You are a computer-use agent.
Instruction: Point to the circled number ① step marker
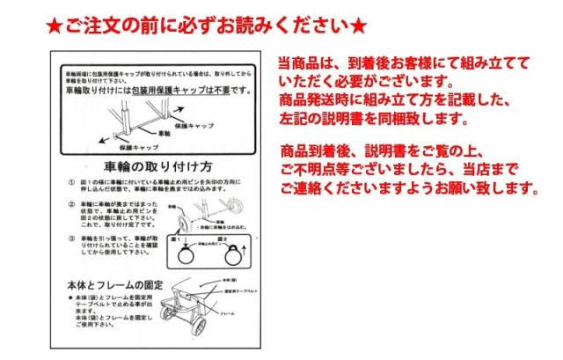point(71,181)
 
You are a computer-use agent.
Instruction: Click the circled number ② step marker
point(71,205)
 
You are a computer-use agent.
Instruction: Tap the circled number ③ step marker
point(71,239)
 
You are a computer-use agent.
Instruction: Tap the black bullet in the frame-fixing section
point(71,299)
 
